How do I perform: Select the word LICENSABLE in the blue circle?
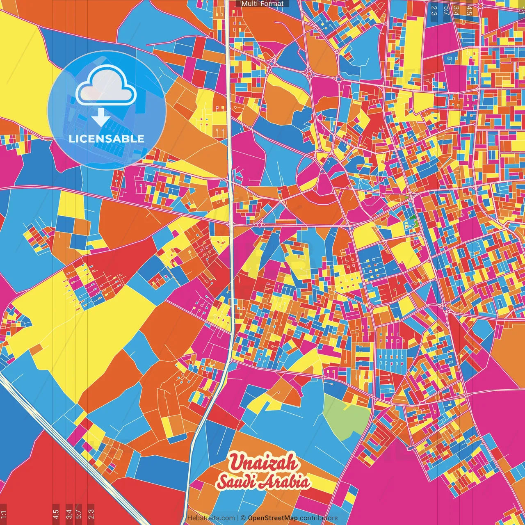tap(107, 139)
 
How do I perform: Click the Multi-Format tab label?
tap(262, 4)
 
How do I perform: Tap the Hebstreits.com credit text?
tap(211, 518)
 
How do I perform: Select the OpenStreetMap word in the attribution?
tap(273, 518)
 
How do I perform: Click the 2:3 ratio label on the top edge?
tap(434, 10)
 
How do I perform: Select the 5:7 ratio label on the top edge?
tap(446, 10)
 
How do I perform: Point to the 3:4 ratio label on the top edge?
tap(456, 10)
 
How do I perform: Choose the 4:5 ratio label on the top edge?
tap(469, 10)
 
